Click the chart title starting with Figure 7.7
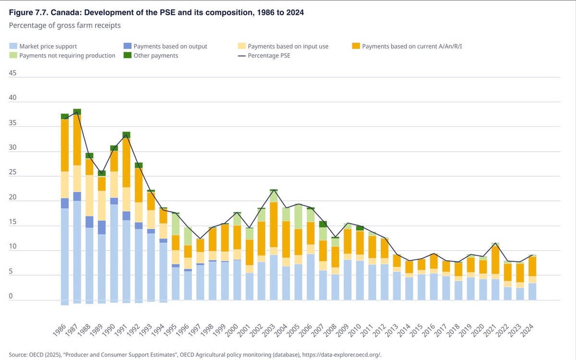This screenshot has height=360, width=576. click(x=156, y=12)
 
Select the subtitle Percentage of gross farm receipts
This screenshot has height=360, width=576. click(x=65, y=25)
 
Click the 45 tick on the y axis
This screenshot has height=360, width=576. click(x=13, y=73)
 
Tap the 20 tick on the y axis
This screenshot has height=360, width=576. click(x=13, y=197)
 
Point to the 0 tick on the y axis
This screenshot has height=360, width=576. click(x=11, y=296)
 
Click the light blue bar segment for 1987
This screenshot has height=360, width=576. click(x=77, y=250)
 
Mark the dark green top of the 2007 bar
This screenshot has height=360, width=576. click(x=323, y=224)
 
